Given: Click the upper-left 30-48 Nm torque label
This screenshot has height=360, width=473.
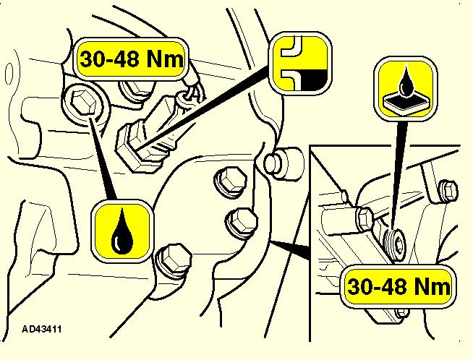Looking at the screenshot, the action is [x=131, y=59].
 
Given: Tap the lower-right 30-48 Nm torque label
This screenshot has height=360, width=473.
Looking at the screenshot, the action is [x=399, y=286].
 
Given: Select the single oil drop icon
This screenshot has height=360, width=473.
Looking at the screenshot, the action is [x=122, y=231].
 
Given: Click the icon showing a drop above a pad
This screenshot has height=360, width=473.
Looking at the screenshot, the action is [x=406, y=89].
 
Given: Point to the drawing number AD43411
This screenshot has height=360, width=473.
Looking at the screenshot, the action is [x=42, y=329].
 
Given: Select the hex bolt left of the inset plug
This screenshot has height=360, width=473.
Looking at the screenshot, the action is [x=366, y=218].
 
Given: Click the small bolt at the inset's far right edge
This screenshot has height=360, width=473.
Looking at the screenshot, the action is [x=448, y=190].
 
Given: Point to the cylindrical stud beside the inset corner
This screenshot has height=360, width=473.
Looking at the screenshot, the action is [x=283, y=163].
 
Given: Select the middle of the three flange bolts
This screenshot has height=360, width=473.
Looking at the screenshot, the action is [x=242, y=222].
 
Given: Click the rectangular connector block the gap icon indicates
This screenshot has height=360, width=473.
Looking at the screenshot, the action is [x=147, y=133].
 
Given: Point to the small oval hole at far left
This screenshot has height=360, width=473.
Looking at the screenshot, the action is [x=9, y=73].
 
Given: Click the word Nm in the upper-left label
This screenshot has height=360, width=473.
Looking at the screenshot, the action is [x=165, y=59].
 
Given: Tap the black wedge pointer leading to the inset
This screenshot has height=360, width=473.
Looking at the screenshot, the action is [x=289, y=249].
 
